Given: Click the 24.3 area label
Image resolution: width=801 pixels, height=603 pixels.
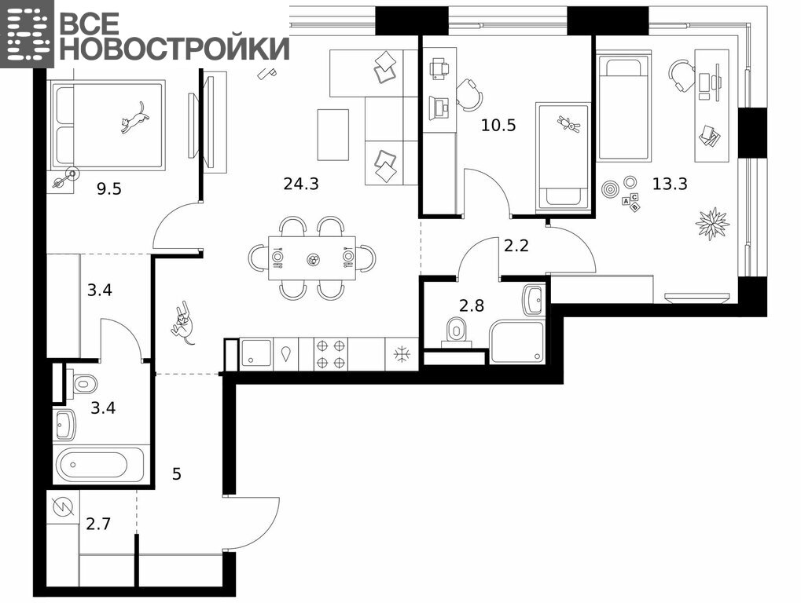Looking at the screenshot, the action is point(301,183).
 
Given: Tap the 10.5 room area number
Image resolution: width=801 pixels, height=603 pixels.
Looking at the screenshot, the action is point(498,125).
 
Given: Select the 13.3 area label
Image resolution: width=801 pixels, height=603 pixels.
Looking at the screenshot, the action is point(671,183).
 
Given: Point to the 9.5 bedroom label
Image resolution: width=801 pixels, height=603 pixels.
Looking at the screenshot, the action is point(109,188).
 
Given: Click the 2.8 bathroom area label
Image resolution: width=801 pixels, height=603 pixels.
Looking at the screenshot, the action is point(472,305).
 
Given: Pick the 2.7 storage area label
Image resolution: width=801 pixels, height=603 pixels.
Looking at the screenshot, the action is point(98,524).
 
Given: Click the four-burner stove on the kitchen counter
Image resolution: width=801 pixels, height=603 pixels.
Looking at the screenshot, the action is point(330,354).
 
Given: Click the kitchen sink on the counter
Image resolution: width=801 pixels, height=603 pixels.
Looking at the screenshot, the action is point(256,354).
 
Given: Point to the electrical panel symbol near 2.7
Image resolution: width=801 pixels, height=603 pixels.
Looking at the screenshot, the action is point(64,506).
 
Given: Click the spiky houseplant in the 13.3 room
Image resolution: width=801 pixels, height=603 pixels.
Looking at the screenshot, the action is point(712,223).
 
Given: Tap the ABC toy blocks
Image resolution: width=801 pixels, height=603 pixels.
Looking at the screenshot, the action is point(630,202).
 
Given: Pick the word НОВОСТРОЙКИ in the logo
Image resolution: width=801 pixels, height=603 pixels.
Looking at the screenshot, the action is point(178,49).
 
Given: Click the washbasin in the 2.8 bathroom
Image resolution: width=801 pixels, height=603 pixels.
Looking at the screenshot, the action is point(535,301).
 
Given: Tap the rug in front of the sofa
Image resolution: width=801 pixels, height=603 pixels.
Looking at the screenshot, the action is point(333,135).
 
